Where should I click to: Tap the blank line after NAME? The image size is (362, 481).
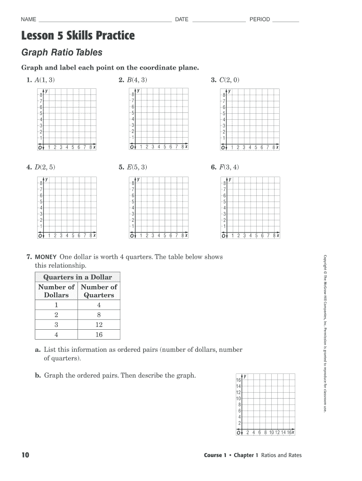point(105,21)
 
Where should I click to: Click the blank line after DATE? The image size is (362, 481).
point(219,21)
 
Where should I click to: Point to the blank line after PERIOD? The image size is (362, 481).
point(285,21)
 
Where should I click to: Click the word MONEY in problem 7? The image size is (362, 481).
point(45,257)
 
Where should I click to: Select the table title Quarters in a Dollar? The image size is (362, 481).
point(78,277)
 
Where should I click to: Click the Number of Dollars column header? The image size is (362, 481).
point(56,291)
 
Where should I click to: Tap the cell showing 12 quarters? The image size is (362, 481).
point(99,325)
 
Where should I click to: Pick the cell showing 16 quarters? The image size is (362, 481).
point(99,335)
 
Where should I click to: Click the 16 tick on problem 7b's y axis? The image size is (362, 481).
point(238,380)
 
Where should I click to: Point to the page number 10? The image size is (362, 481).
point(25,455)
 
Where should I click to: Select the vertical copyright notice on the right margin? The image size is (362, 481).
point(324,334)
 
